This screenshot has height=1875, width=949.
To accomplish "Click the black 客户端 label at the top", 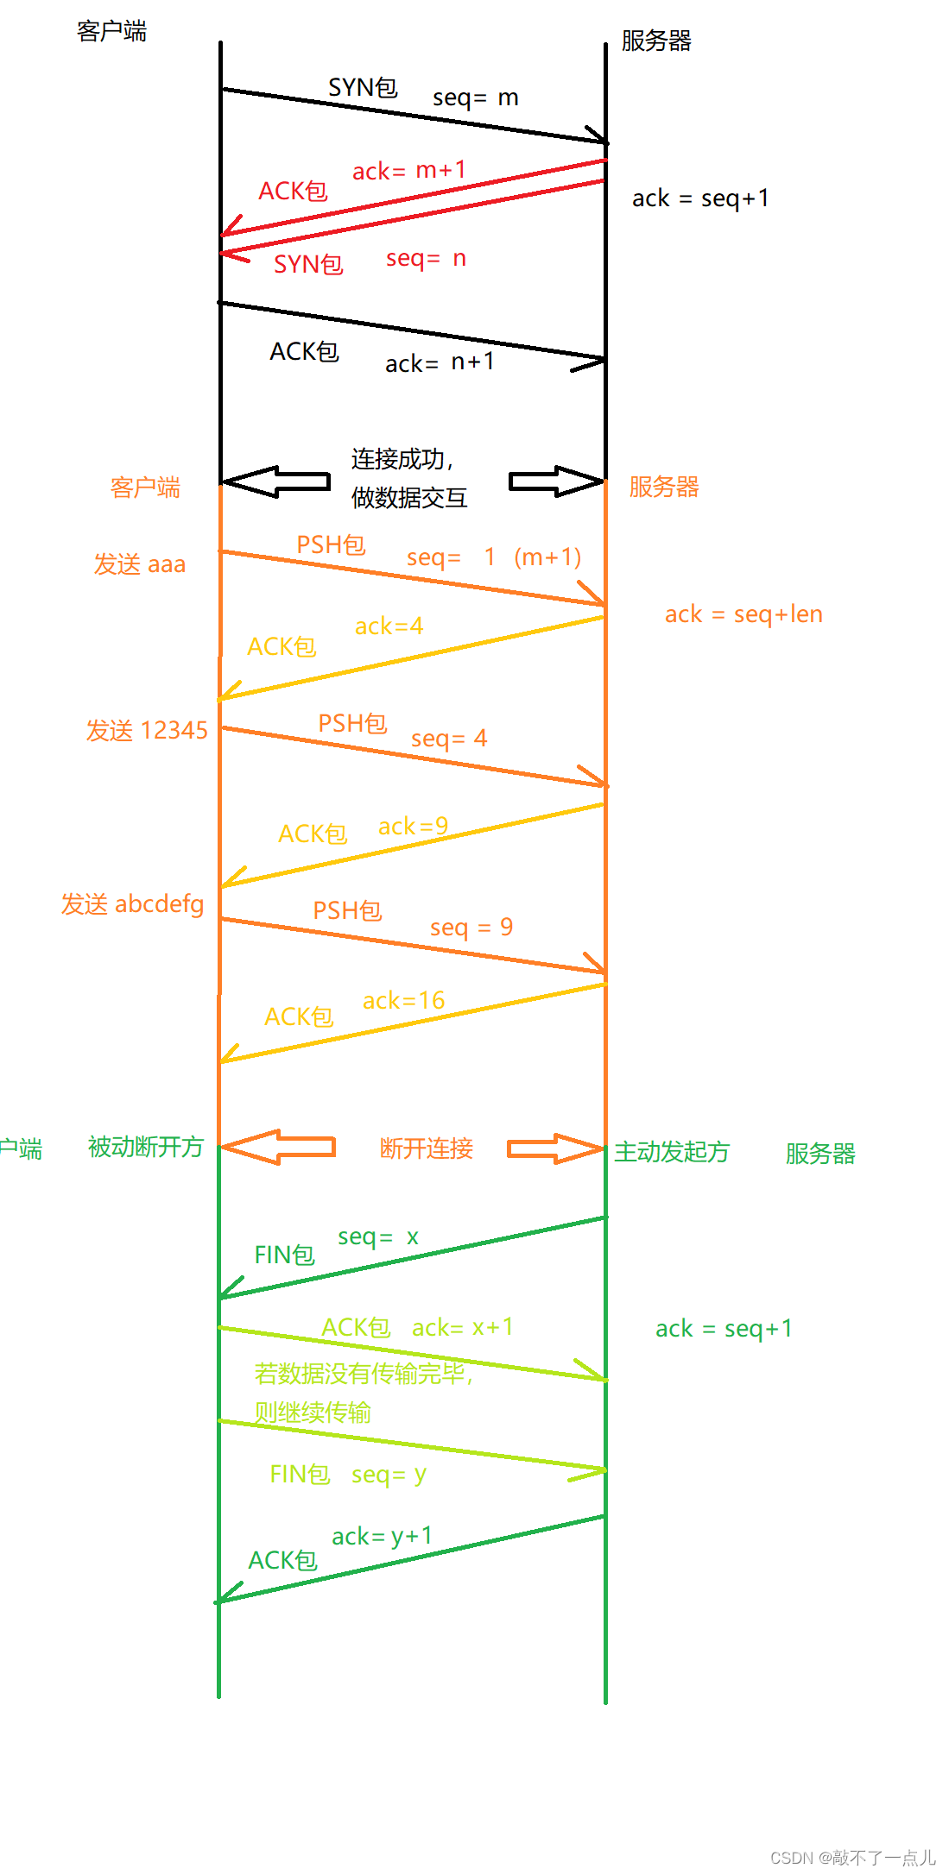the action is pyautogui.click(x=111, y=32).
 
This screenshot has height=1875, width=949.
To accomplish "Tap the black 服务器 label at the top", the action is pyautogui.click(x=656, y=41).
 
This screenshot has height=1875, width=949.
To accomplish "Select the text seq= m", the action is pyautogui.click(x=475, y=98).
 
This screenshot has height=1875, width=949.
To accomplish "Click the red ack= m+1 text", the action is pyautogui.click(x=408, y=170).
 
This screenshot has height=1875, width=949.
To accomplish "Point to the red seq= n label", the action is pyautogui.click(x=426, y=258).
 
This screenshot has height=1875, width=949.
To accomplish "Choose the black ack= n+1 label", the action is pyautogui.click(x=440, y=362).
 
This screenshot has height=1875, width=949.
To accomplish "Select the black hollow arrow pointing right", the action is pyautogui.click(x=555, y=481).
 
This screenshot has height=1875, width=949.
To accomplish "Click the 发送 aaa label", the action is pyautogui.click(x=140, y=564).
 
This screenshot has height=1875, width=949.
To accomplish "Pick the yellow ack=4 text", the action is pyautogui.click(x=389, y=626).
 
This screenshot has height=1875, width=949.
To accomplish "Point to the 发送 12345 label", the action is pyautogui.click(x=147, y=731).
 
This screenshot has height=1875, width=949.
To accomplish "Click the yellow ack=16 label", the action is pyautogui.click(x=403, y=1000).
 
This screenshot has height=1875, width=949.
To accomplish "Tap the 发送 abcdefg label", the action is pyautogui.click(x=132, y=904).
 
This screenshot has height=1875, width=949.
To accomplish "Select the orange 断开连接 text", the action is pyautogui.click(x=427, y=1148).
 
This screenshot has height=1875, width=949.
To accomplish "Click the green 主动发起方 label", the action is pyautogui.click(x=672, y=1152).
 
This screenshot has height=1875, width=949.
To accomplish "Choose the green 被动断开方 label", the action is pyautogui.click(x=146, y=1147).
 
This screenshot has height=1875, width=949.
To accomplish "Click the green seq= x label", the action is pyautogui.click(x=378, y=1236).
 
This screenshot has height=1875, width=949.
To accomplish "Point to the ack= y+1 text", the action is pyautogui.click(x=382, y=1536).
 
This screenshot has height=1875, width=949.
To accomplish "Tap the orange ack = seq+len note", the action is pyautogui.click(x=743, y=614).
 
